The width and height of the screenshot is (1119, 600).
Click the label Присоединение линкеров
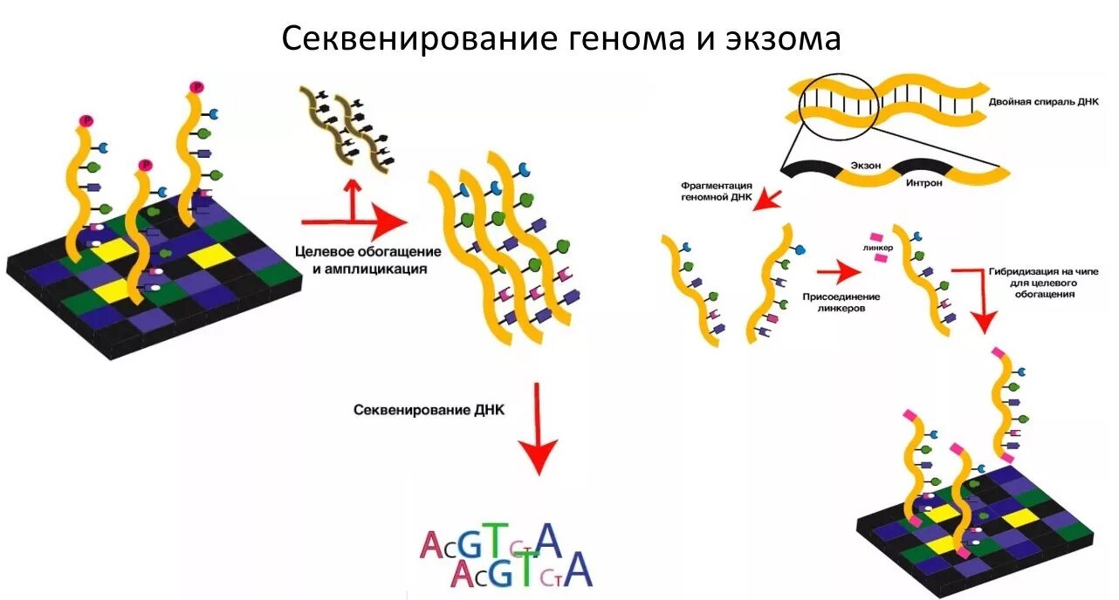tap(841, 302)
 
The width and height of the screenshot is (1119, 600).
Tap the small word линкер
tap(877, 248)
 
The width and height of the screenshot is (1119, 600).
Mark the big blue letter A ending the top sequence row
tap(548, 541)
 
